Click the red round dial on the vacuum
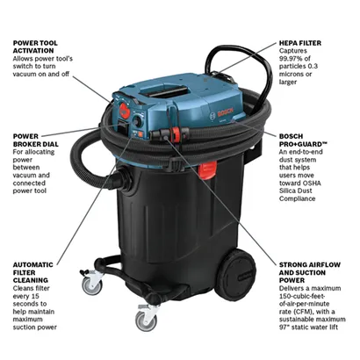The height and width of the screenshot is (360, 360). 122,115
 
